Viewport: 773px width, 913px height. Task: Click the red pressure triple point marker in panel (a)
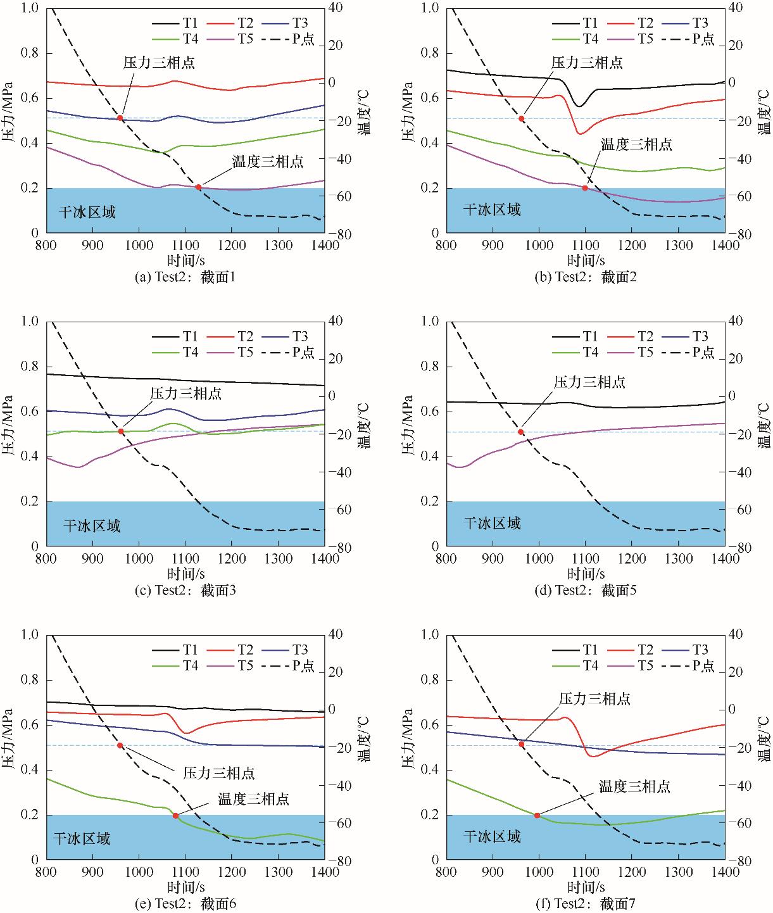click(120, 118)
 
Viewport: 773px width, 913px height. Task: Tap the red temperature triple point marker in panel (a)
click(198, 187)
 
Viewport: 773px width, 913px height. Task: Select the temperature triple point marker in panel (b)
click(585, 187)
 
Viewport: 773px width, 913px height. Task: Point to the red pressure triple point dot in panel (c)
click(121, 431)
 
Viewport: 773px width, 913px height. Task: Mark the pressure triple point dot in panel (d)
click(521, 432)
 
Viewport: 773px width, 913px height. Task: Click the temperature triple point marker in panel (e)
click(175, 815)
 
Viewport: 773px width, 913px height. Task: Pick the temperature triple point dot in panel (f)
click(537, 815)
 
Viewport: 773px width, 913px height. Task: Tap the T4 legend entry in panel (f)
click(578, 665)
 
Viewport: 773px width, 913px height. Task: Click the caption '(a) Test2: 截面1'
click(185, 276)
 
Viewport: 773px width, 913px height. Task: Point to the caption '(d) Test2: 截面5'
click(586, 590)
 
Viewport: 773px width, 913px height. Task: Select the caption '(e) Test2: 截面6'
click(185, 904)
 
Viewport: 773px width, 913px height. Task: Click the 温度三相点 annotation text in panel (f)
click(634, 787)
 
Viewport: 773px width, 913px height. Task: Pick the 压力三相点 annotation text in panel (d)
click(589, 382)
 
